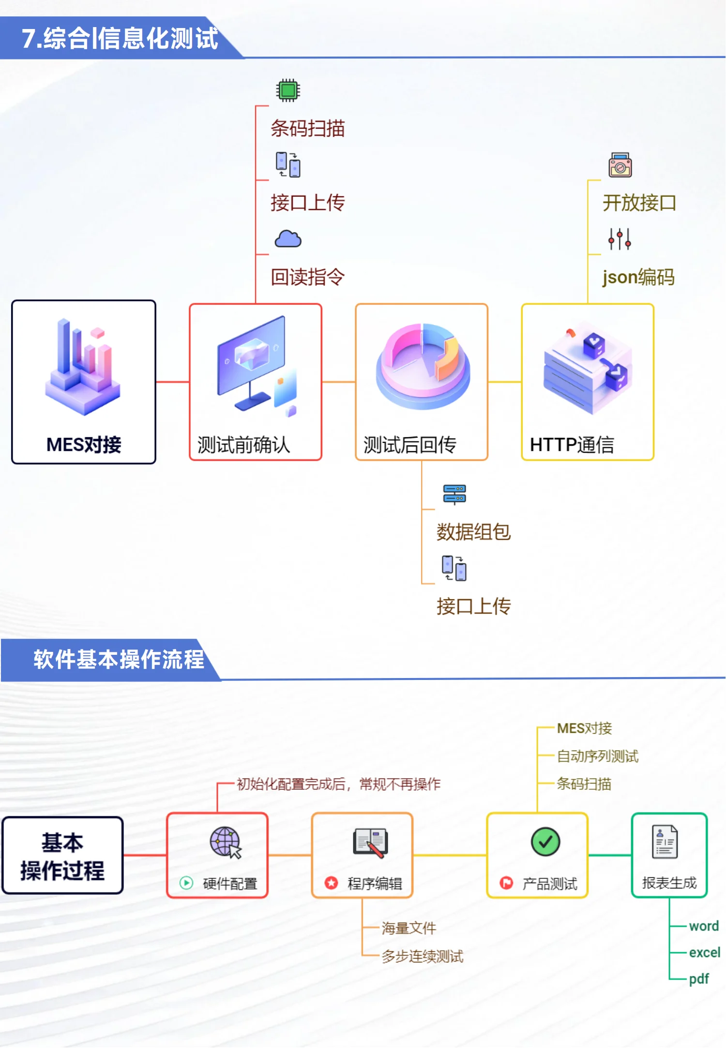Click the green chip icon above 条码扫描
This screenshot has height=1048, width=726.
point(288,90)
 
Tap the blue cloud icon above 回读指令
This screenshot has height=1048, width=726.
point(288,239)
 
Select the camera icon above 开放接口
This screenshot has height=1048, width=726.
point(620,165)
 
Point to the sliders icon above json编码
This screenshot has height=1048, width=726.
point(620,239)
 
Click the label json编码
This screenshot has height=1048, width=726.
point(638,277)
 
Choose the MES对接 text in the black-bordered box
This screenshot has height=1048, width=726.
point(84,444)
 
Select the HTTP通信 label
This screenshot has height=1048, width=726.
point(572,444)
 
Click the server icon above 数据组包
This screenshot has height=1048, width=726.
point(454,494)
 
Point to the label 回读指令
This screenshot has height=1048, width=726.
point(307,277)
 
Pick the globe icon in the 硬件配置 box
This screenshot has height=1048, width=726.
point(225,842)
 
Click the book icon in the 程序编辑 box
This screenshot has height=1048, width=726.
point(370,842)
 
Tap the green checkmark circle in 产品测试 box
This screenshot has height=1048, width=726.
point(545,841)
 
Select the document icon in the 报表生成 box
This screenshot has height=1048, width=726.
point(665,841)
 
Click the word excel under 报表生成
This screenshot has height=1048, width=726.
point(704,952)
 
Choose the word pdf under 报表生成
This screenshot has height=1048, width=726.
point(698,979)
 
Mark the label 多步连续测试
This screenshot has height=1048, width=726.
point(422,956)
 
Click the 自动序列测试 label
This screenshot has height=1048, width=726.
point(597,756)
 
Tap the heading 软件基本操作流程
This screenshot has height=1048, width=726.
point(119,659)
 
